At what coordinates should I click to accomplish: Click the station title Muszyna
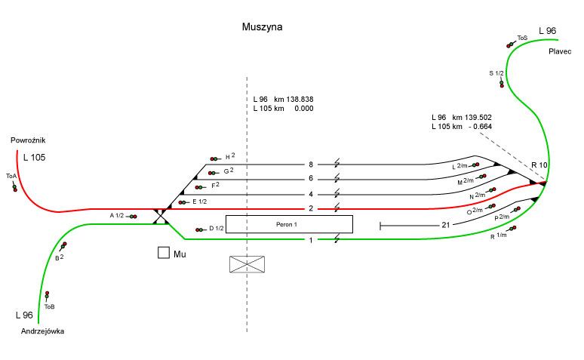[x=262, y=27]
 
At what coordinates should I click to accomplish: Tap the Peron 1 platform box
[x=289, y=224]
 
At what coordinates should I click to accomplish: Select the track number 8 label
[x=310, y=165]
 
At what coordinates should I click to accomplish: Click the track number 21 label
[x=446, y=225]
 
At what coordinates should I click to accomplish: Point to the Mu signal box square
[x=163, y=253]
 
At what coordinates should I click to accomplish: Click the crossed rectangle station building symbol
[x=248, y=264]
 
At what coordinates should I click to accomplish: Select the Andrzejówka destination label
[x=43, y=331]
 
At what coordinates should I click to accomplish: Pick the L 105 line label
[x=35, y=158]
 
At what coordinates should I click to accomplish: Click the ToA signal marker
[x=14, y=186]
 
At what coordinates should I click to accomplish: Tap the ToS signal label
[x=522, y=37]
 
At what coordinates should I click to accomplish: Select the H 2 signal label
[x=230, y=156]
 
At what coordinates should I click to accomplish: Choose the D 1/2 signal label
[x=217, y=229]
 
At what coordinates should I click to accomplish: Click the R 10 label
[x=539, y=165]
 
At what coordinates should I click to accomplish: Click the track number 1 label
[x=310, y=240]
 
